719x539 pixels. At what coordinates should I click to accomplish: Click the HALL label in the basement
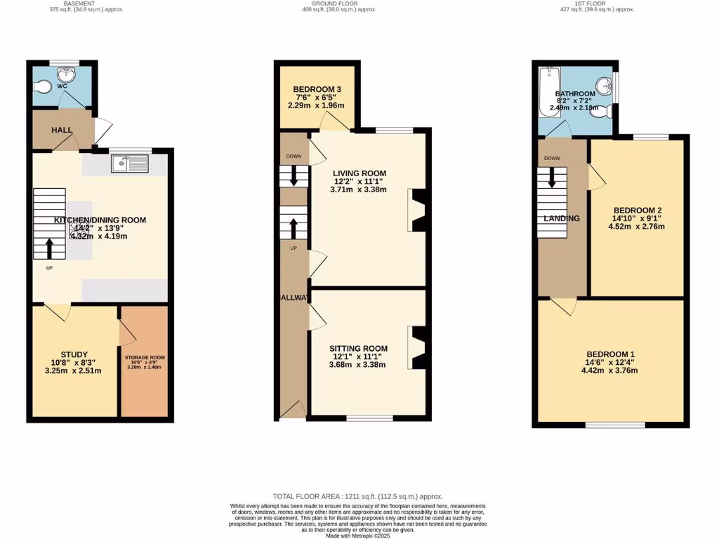pos(62,131)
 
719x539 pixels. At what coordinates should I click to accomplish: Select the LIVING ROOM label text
pos(359,173)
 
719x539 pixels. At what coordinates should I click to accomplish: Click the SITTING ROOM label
pos(358,349)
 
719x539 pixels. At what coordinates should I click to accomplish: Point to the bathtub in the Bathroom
pos(547,93)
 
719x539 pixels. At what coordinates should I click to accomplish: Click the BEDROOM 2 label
pos(638,210)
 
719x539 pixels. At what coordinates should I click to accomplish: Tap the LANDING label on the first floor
pos(562,218)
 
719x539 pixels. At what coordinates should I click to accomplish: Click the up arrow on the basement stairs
pos(49,248)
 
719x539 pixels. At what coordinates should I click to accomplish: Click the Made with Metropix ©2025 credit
pos(359,535)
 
